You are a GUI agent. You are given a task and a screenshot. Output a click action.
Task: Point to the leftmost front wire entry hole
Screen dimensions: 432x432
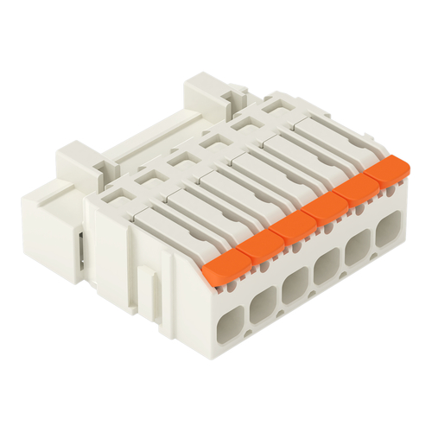pos(226,328)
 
